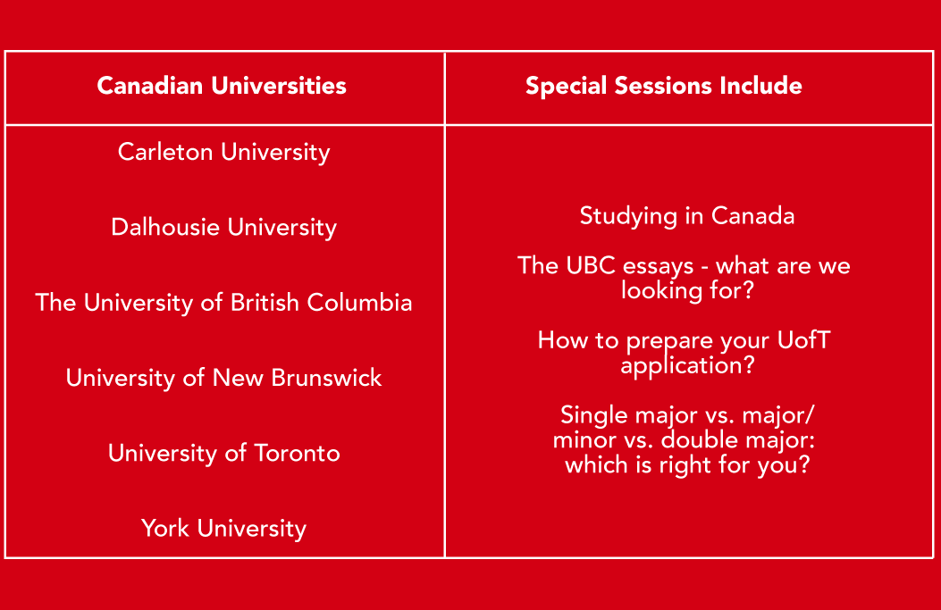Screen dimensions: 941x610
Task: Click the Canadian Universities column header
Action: (222, 86)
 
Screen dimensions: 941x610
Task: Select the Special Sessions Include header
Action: (664, 87)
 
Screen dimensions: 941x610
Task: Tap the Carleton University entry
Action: (223, 153)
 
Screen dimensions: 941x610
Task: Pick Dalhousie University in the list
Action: (223, 228)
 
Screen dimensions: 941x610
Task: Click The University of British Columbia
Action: (223, 303)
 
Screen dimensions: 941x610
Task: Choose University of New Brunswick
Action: (223, 378)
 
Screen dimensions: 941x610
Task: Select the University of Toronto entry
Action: (223, 454)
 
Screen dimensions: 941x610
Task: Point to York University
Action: (223, 529)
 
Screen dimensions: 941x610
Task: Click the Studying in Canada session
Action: (687, 216)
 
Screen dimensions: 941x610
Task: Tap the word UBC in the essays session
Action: (591, 266)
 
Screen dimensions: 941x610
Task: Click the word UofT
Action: (803, 340)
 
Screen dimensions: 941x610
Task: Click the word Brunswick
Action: (326, 378)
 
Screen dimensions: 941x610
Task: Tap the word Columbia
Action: (359, 302)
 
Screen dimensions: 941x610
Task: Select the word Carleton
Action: (165, 152)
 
